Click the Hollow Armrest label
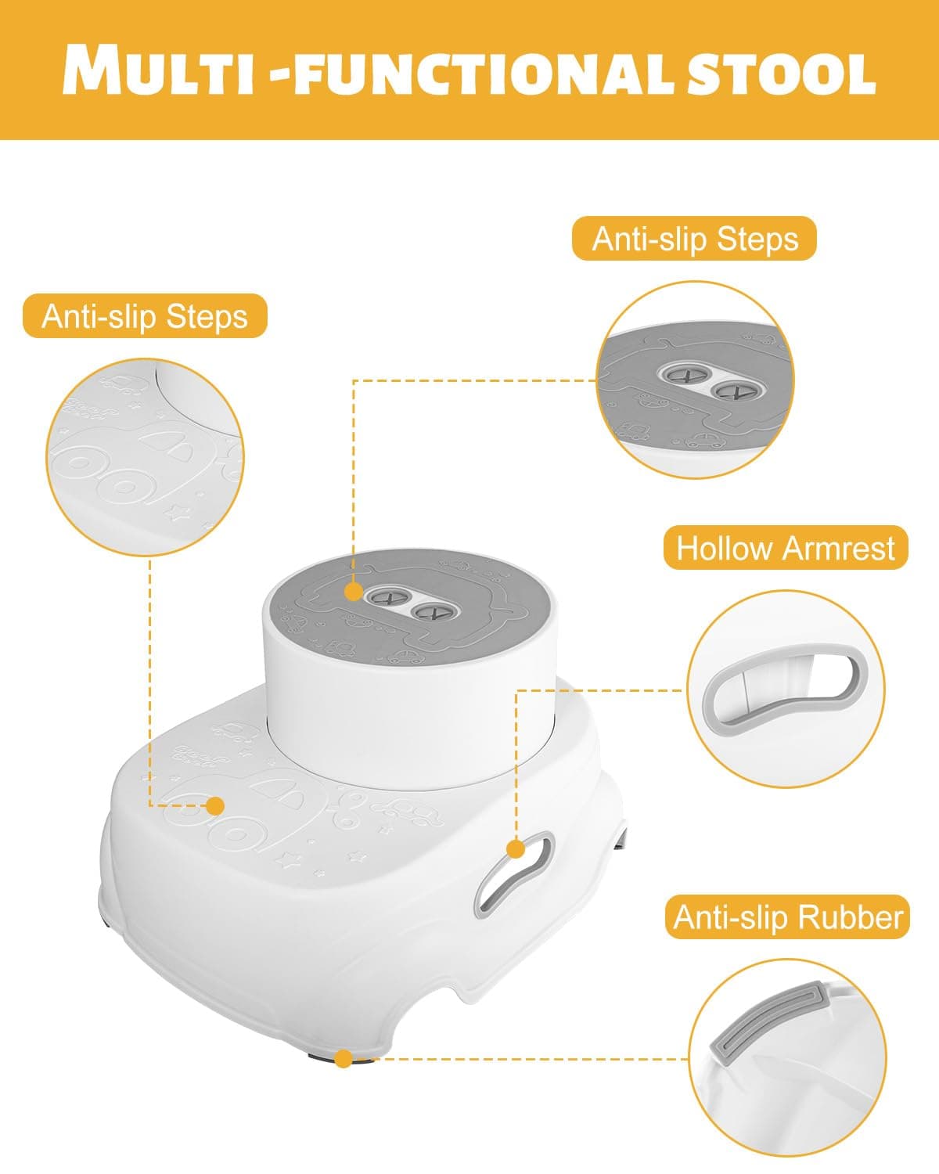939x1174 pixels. [786, 548]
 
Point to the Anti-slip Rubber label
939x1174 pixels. [787, 917]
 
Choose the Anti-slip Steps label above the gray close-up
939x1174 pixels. [695, 239]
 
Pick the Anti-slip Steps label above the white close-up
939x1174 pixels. [145, 316]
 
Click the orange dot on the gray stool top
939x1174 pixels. [354, 592]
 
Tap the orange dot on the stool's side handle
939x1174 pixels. [516, 849]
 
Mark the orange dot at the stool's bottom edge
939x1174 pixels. [344, 1059]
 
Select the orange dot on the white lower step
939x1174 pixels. [216, 806]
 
